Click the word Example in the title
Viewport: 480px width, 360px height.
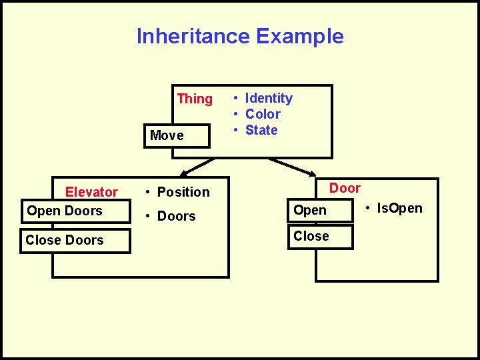pos(300,36)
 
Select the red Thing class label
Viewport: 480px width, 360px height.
pos(195,99)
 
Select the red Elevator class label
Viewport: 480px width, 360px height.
pos(91,192)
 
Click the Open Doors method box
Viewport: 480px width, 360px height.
pos(75,211)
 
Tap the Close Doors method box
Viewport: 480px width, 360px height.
pos(75,240)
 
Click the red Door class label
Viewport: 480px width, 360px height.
pos(345,188)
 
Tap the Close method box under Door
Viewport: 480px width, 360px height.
pos(320,237)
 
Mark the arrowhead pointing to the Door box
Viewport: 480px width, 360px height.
pos(311,173)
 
